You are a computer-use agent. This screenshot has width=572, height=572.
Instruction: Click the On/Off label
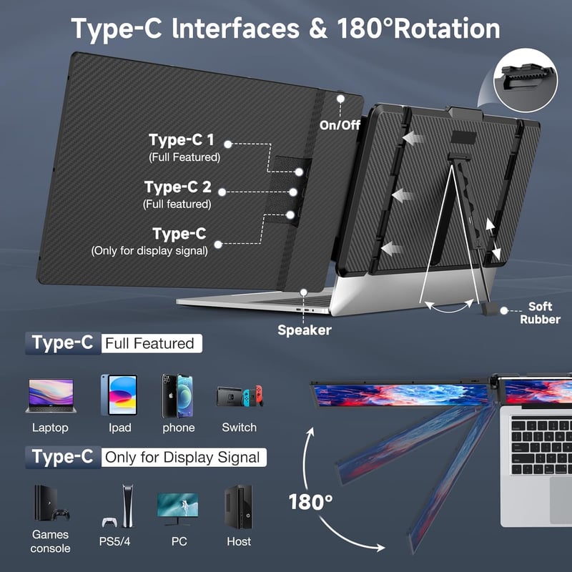click(x=340, y=125)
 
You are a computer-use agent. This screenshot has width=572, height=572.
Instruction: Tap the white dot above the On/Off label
click(x=341, y=99)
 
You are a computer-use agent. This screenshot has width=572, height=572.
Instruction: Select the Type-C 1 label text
click(x=182, y=139)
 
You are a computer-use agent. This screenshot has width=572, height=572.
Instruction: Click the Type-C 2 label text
click(x=177, y=187)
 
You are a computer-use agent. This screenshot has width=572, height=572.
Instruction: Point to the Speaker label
click(x=305, y=330)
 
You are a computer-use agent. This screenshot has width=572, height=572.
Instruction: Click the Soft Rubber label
click(x=540, y=313)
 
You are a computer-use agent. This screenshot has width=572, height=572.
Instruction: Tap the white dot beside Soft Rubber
click(x=504, y=310)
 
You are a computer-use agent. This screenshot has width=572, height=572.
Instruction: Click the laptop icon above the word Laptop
click(x=51, y=396)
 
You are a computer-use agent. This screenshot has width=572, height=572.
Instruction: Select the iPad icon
click(x=119, y=395)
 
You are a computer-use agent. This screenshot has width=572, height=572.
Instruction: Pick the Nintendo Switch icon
click(x=240, y=396)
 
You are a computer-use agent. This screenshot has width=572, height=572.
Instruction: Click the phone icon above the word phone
click(x=177, y=396)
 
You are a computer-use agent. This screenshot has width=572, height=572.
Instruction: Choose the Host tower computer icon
click(x=238, y=506)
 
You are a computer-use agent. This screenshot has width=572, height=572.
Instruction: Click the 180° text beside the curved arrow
click(x=310, y=503)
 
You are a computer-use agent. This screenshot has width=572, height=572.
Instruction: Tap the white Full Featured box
click(x=152, y=343)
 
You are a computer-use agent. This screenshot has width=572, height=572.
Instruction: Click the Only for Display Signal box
click(x=184, y=457)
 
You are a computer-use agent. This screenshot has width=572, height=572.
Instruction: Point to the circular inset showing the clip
click(x=526, y=80)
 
